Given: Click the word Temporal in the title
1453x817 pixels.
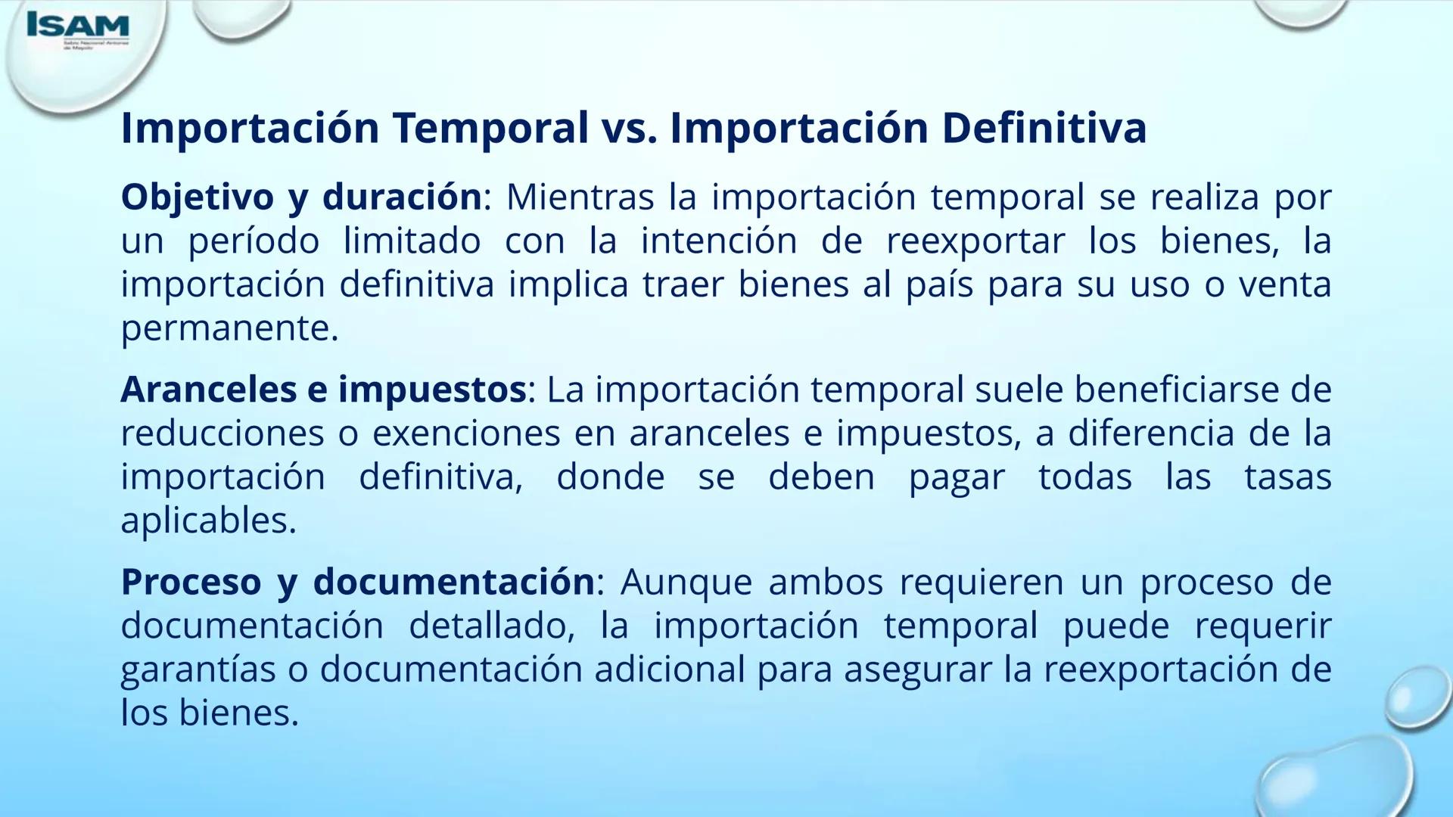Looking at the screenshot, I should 490,128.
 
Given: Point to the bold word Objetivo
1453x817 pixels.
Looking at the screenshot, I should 197,198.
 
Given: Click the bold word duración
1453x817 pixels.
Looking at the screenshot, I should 402,198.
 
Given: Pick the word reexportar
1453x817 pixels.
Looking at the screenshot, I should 975,242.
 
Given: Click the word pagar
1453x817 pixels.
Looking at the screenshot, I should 957,478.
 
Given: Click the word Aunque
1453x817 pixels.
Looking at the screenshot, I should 686,582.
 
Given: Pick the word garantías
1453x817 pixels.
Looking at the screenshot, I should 198,670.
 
